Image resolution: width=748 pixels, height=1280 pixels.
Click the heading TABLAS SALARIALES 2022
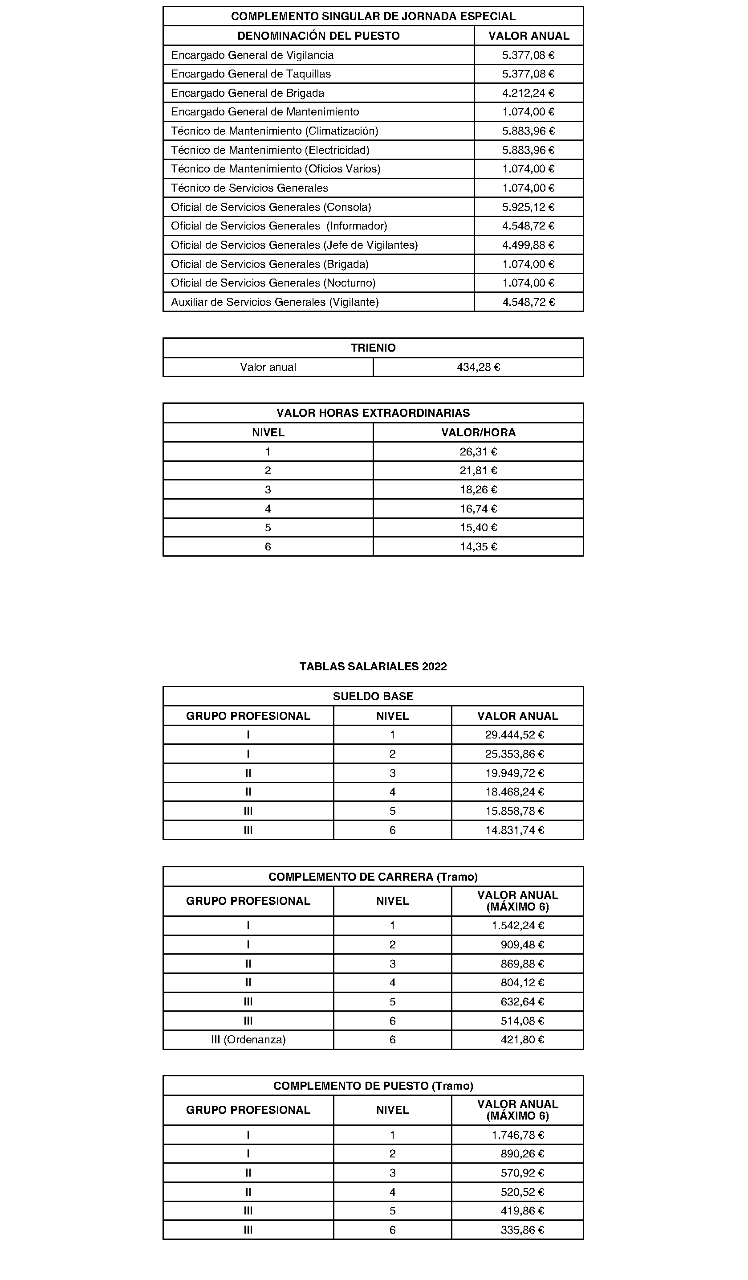[x=373, y=666]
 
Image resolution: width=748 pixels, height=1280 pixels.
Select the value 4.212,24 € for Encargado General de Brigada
[x=528, y=93]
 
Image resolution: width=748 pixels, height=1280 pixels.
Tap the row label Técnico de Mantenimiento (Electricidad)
[x=270, y=150]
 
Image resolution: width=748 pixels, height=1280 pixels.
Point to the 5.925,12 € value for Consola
[x=528, y=207]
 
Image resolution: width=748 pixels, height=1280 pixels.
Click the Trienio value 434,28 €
[x=478, y=367]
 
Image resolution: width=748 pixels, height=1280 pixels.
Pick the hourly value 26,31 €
[x=478, y=451]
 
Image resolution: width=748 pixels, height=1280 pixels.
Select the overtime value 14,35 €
[x=478, y=546]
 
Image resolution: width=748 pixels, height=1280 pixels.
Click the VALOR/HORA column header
[x=478, y=432]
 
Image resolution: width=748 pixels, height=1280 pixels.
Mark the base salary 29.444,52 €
[x=515, y=734]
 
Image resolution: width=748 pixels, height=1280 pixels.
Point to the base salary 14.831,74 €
[x=515, y=830]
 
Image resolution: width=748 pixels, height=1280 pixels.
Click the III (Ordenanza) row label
[x=248, y=1039]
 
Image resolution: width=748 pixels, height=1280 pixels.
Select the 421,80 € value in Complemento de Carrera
[x=522, y=1039]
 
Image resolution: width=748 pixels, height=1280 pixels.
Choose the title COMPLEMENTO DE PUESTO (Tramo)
[x=373, y=1086]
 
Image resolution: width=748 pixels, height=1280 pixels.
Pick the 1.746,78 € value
[x=518, y=1135]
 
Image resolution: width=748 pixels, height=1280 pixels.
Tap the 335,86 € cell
[x=522, y=1230]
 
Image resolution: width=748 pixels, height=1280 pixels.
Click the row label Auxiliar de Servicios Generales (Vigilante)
[x=275, y=302]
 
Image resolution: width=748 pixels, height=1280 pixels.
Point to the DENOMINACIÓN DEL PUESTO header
[x=318, y=36]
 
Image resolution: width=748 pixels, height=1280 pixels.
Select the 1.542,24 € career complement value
[x=518, y=926]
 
